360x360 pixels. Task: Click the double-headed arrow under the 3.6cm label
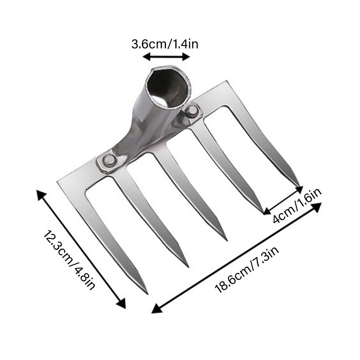pos(166,57)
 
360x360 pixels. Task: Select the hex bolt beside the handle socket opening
pos(192,111)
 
